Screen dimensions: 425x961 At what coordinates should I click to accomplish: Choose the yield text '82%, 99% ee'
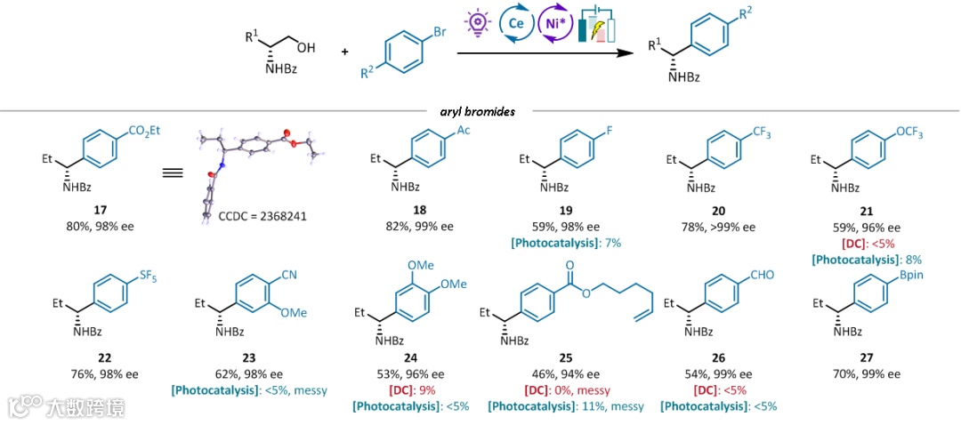[x=420, y=227]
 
